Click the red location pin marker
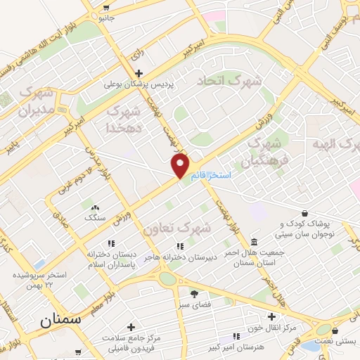pyautogui.click(x=181, y=166)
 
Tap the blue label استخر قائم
pyautogui.click(x=210, y=175)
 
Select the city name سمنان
pyautogui.click(x=60, y=319)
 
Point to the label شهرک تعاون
pyautogui.click(x=177, y=229)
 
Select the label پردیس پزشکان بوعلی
pyautogui.click(x=140, y=85)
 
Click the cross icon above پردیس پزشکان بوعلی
pyautogui.click(x=139, y=73)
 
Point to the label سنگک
pyautogui.click(x=94, y=218)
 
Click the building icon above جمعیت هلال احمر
pyautogui.click(x=254, y=240)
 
